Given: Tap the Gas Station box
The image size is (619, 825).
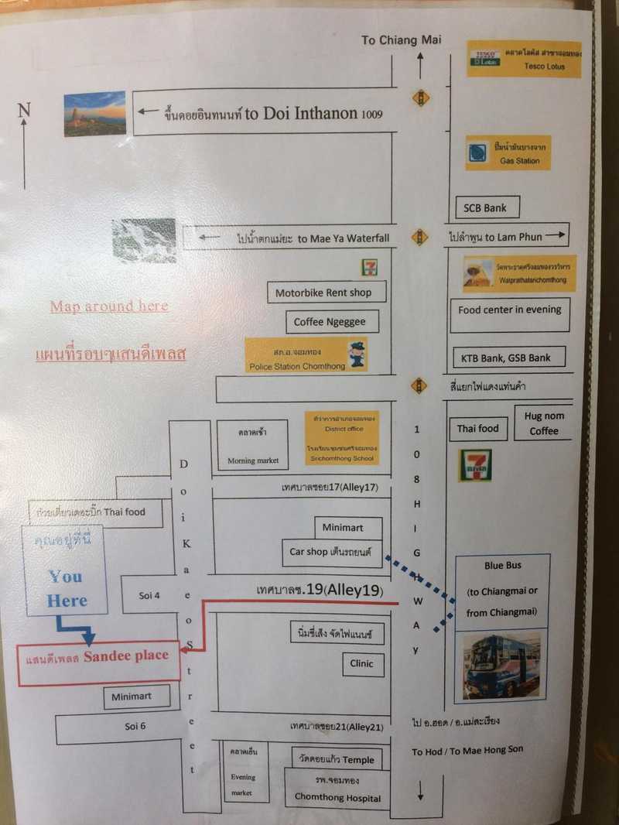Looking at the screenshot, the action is click(508, 153).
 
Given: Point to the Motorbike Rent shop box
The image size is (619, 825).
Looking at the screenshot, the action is click(323, 293).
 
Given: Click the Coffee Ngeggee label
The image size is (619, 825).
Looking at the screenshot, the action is click(325, 322).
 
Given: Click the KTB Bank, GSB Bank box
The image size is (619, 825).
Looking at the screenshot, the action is click(508, 358).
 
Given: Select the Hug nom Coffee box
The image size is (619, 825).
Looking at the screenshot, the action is click(544, 423).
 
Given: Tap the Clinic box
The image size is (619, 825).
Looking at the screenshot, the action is click(361, 663).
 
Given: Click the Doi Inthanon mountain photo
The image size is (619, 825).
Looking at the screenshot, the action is click(95, 114).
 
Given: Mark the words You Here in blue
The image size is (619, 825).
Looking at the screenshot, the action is click(67, 588).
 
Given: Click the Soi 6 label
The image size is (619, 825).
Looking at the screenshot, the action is click(135, 727).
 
